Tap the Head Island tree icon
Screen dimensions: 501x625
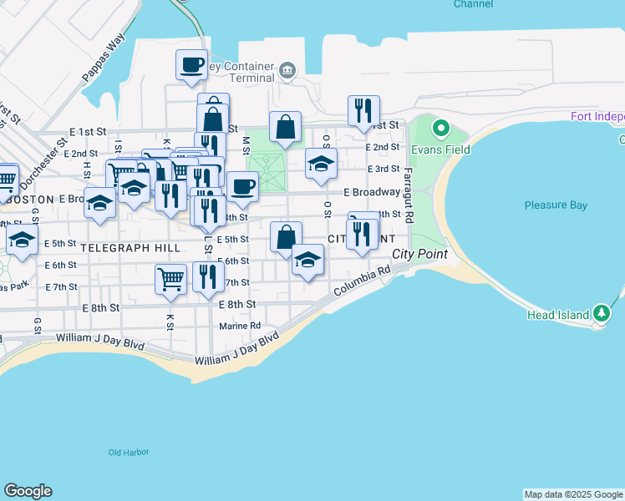(x=602, y=314)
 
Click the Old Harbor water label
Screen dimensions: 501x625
(x=129, y=453)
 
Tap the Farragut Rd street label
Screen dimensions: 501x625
(x=408, y=195)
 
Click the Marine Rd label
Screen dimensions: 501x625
(x=239, y=326)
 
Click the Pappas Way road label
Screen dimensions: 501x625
(x=103, y=58)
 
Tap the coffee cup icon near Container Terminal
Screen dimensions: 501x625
(x=191, y=64)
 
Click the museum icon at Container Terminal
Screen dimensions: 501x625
(x=287, y=69)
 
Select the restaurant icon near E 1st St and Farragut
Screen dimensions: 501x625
(x=363, y=110)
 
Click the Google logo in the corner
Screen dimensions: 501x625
(x=28, y=491)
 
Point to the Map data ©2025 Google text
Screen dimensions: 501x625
(x=574, y=494)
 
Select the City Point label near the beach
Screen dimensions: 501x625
(x=419, y=254)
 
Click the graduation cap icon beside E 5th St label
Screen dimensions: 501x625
(x=23, y=240)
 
